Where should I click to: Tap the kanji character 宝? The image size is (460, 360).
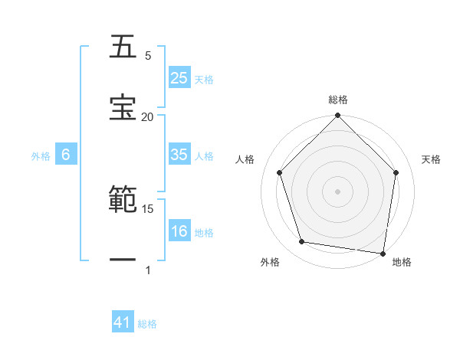123,106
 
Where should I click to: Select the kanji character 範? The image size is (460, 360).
123,200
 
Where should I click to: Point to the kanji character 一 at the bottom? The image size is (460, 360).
123,260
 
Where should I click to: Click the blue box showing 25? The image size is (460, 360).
179,78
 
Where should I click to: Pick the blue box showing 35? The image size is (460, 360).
179,155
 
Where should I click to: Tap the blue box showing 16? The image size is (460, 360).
179,231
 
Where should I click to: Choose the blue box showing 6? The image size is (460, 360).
66,155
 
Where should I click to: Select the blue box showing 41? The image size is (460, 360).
123,322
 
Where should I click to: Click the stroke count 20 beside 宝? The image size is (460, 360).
148,117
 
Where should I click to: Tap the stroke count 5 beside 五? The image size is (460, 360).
148,56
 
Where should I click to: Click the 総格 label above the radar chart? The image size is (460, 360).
338,100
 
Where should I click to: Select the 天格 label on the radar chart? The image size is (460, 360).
432,159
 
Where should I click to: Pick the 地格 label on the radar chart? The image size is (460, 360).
402,263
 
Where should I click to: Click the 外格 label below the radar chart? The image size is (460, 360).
270,263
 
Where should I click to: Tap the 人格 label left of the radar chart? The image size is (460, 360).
245,159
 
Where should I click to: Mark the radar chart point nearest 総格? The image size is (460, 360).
337,117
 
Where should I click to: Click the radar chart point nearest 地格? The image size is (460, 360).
383,253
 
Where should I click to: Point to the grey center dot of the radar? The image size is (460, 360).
337,191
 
